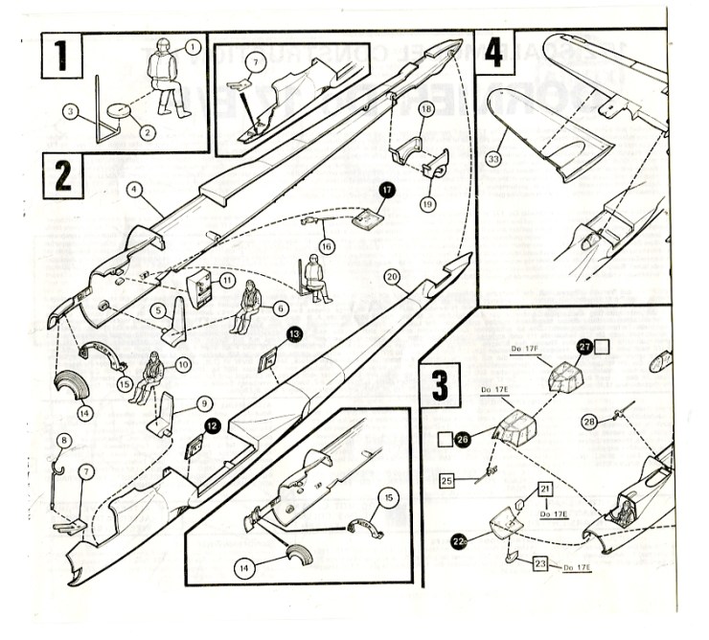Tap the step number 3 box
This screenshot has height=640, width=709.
pos(439,386)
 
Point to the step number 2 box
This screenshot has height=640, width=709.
pos(63,175)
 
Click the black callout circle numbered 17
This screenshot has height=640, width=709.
pos(387,191)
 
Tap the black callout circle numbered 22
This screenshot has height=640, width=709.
pos(459,541)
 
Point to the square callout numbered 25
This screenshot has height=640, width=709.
pos(446,480)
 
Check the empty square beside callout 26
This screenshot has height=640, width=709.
pos(444,441)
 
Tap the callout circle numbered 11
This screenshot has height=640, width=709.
pos(227,280)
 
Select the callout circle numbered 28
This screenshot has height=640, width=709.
pos(590,421)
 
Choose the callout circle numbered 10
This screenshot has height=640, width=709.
pos(182,365)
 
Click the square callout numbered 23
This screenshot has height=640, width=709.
pos(540,564)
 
